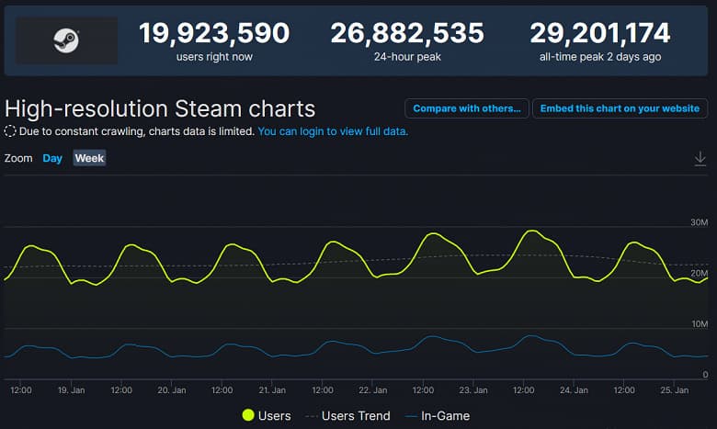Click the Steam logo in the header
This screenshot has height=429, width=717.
tap(65, 40)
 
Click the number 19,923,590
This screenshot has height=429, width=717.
tap(214, 34)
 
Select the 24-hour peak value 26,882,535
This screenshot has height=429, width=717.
tap(407, 34)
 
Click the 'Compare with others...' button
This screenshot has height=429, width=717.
tap(467, 108)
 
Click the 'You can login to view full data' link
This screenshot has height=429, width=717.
tap(333, 131)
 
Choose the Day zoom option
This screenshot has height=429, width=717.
tap(52, 158)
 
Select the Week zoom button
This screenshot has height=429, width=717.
tap(89, 158)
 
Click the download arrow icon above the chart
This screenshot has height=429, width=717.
tap(700, 159)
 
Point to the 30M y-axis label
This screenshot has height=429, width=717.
tap(698, 223)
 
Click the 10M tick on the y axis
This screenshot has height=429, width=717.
tap(698, 324)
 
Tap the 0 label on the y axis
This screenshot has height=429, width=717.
tap(704, 375)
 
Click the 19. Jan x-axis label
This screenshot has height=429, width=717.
tap(71, 390)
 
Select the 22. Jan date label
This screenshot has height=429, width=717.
tap(372, 390)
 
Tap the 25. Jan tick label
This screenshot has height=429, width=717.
tap(674, 390)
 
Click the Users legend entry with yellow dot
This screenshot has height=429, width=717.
tap(266, 416)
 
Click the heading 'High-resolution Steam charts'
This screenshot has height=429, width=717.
tap(160, 108)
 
